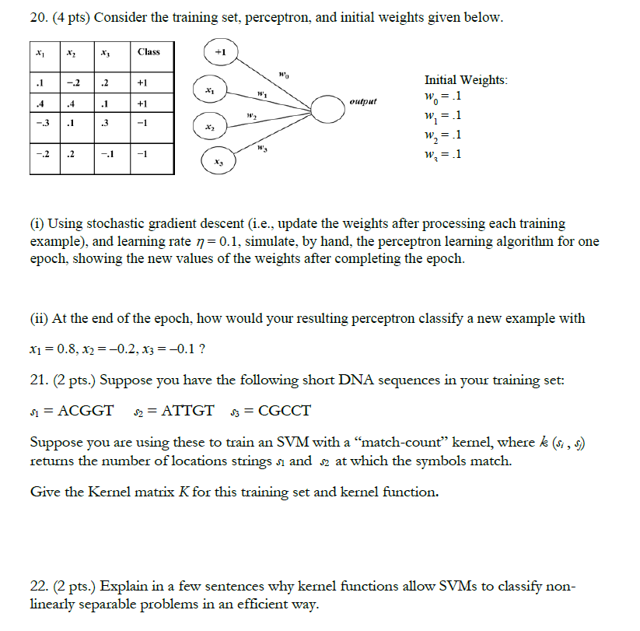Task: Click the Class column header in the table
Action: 148,52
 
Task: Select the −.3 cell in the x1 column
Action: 40,123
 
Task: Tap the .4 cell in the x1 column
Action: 40,103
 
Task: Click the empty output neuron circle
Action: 332,110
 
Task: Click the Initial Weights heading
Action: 466,80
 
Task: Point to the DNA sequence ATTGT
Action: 188,412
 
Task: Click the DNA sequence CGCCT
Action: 284,412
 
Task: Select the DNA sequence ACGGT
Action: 86,412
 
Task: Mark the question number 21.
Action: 39,380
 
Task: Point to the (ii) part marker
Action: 40,318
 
